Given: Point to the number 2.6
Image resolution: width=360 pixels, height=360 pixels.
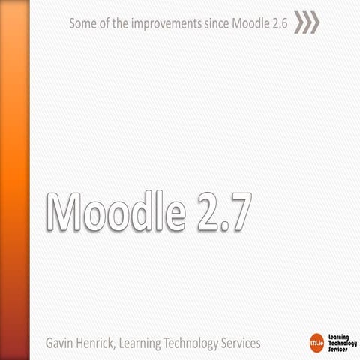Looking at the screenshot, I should [280, 23].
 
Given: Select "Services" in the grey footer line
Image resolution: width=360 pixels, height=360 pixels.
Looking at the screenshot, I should [248, 343].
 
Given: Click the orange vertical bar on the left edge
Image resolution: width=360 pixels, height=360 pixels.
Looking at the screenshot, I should [14, 180].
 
